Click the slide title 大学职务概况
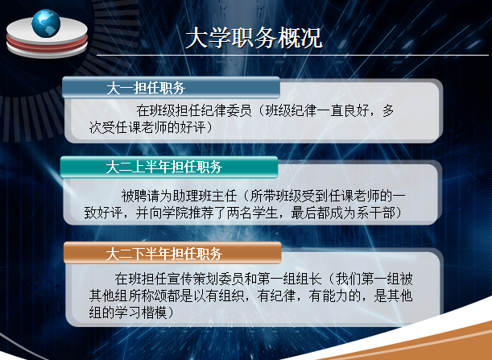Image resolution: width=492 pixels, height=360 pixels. (x=254, y=38)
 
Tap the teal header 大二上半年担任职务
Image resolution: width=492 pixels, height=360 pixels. (x=164, y=167)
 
